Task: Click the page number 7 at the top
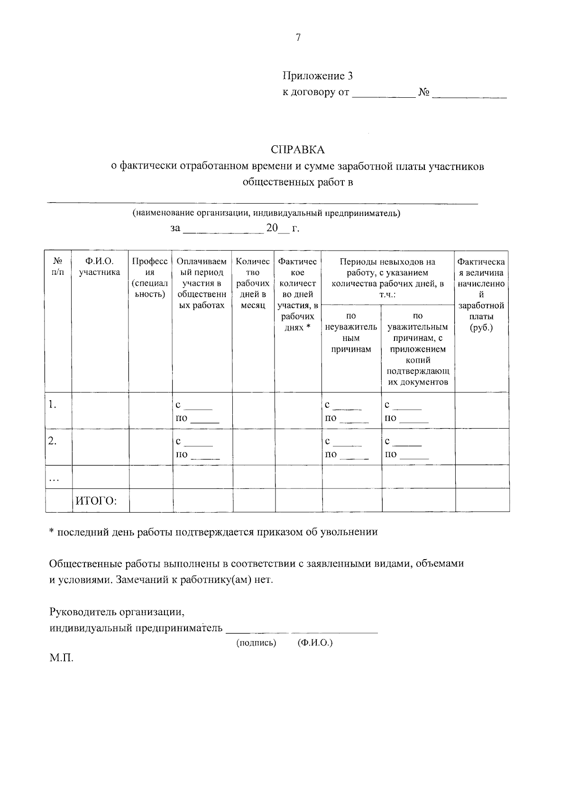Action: (x=298, y=38)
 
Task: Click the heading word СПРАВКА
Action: (x=298, y=150)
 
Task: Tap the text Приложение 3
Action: (x=318, y=76)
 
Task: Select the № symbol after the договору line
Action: (x=423, y=92)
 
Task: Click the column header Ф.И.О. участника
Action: (x=100, y=267)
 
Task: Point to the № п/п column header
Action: (x=58, y=267)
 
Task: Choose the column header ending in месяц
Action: (x=253, y=283)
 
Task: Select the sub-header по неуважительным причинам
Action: (x=351, y=332)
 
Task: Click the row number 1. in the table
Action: (x=53, y=405)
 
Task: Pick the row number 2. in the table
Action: (x=53, y=441)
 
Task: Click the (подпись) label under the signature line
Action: (x=256, y=643)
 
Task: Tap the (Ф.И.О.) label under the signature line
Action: (x=315, y=643)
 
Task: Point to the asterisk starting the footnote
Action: (x=52, y=532)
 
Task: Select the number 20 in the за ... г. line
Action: (x=272, y=228)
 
